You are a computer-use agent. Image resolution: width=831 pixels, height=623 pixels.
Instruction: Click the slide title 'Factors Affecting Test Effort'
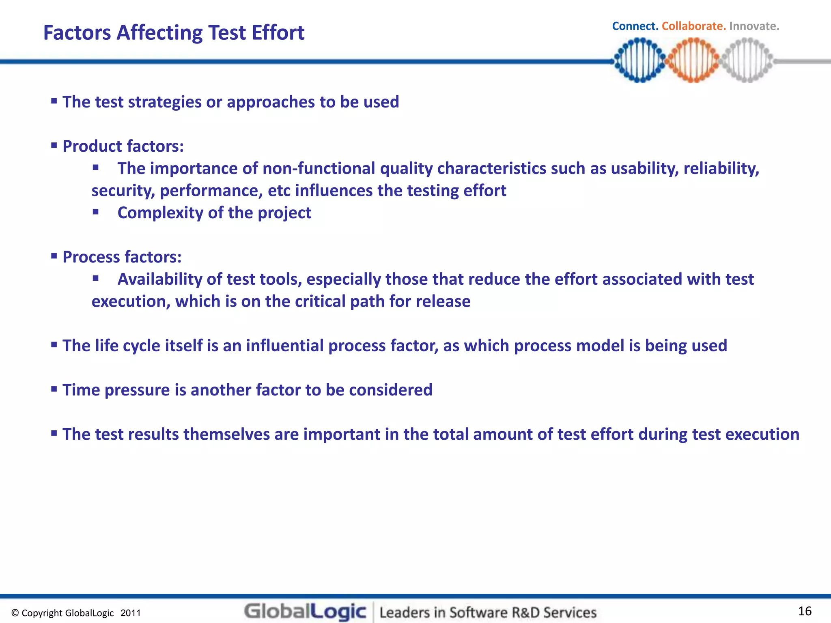[174, 33]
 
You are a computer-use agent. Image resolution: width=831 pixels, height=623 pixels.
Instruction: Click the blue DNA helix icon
[639, 60]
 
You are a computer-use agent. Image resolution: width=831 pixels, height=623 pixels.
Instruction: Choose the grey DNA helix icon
[747, 60]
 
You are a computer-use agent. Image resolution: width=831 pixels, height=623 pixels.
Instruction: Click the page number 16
[805, 611]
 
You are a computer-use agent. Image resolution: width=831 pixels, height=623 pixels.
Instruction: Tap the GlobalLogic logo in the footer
[305, 612]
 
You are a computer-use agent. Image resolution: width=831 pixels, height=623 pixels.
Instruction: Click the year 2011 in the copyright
[131, 613]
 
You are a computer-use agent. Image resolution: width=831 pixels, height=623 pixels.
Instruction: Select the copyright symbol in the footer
[15, 613]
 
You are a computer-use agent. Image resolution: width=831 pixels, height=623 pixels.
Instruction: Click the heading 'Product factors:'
[123, 146]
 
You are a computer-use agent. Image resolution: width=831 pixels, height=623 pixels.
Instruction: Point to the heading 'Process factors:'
[122, 257]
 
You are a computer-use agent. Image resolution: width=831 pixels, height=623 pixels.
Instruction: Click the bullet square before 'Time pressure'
[54, 389]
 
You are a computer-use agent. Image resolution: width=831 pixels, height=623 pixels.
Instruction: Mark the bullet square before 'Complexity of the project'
[96, 211]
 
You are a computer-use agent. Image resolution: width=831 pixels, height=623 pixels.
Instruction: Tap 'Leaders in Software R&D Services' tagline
[488, 612]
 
